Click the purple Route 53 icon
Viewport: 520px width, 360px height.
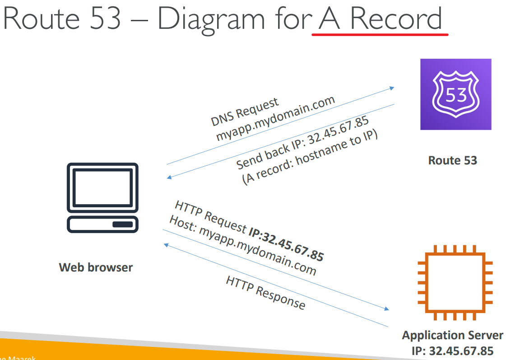click(x=455, y=94)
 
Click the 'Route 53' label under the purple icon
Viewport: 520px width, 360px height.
click(x=452, y=160)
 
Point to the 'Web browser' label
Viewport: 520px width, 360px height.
click(x=96, y=267)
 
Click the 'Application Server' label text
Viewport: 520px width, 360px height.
click(x=452, y=336)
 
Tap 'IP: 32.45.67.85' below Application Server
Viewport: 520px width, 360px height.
click(x=452, y=351)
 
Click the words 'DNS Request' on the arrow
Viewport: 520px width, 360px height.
click(x=245, y=112)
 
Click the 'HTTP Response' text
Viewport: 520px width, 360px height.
click(x=265, y=293)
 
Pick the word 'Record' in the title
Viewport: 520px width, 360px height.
click(x=396, y=19)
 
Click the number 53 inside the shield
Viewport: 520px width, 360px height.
click(x=455, y=94)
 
